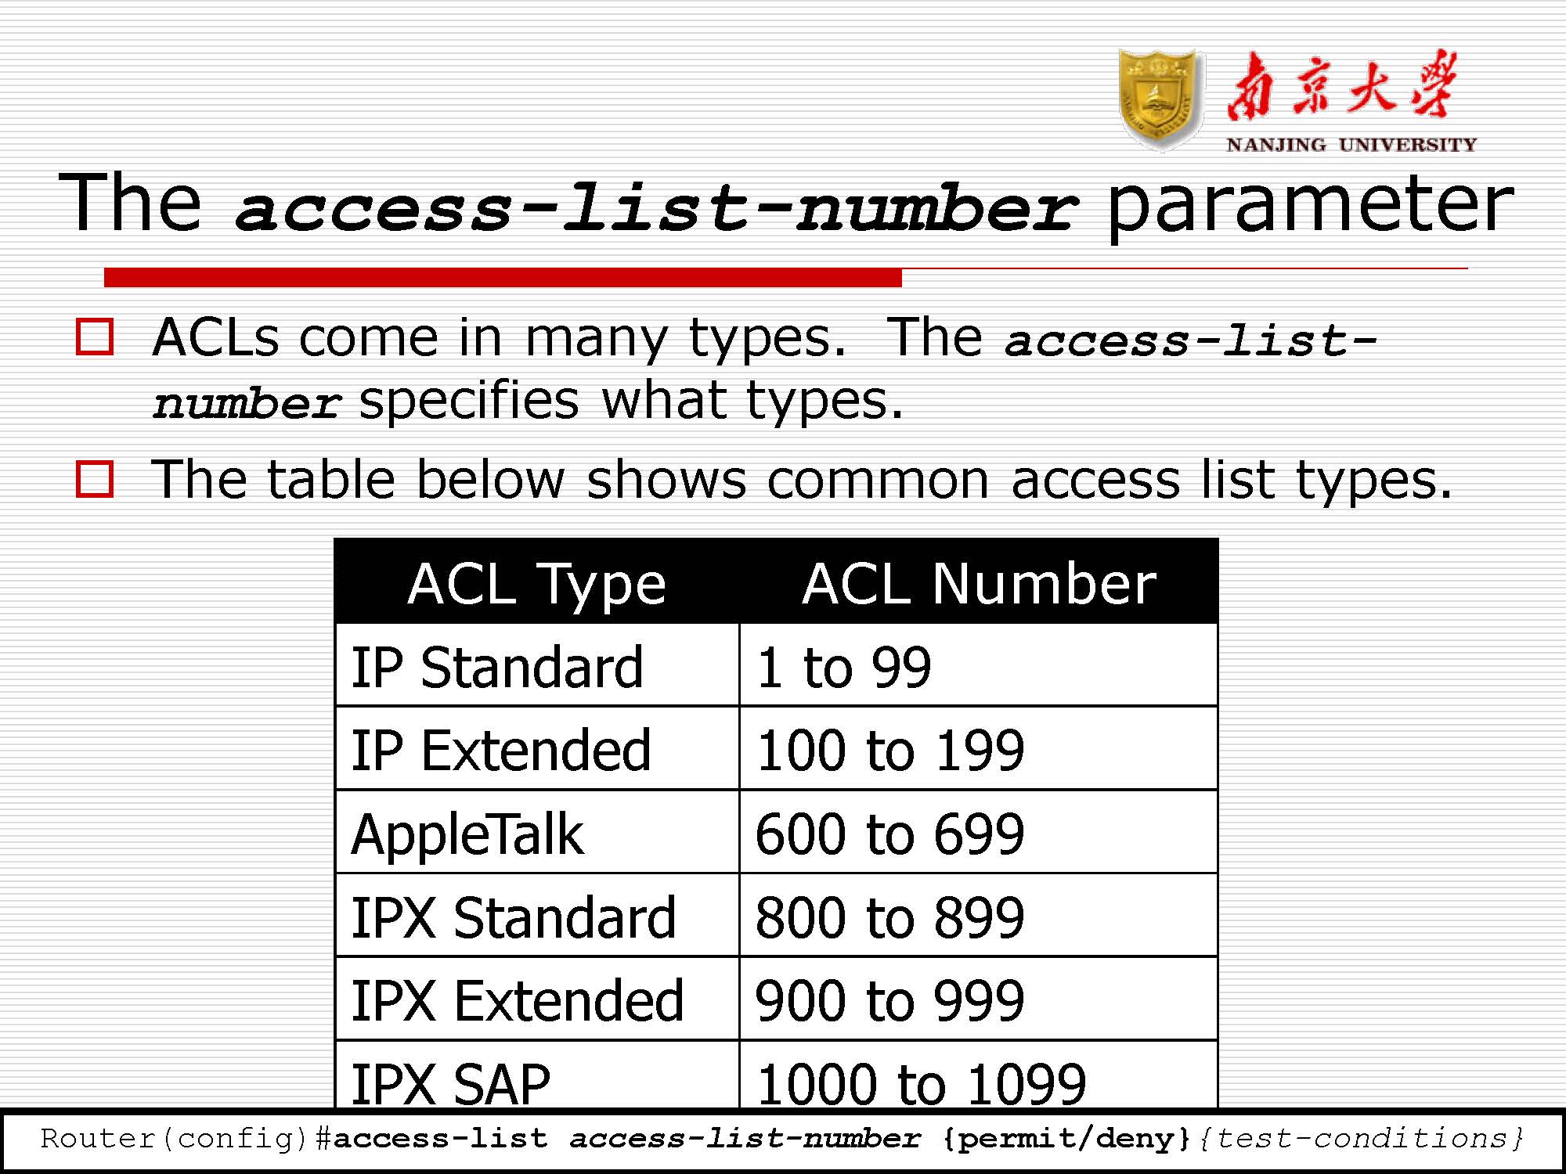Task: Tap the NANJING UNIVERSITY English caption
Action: click(1351, 145)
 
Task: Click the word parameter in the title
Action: click(1310, 205)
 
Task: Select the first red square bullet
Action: click(95, 337)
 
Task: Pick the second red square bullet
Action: click(95, 478)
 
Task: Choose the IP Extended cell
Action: click(537, 749)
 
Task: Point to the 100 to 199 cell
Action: click(979, 749)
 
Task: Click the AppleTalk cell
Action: click(537, 832)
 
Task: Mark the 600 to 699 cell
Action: click(979, 832)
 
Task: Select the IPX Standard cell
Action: click(537, 916)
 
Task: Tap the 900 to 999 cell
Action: click(979, 999)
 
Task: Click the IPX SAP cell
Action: click(537, 1075)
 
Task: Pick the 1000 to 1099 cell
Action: click(979, 1075)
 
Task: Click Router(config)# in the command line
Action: click(186, 1139)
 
